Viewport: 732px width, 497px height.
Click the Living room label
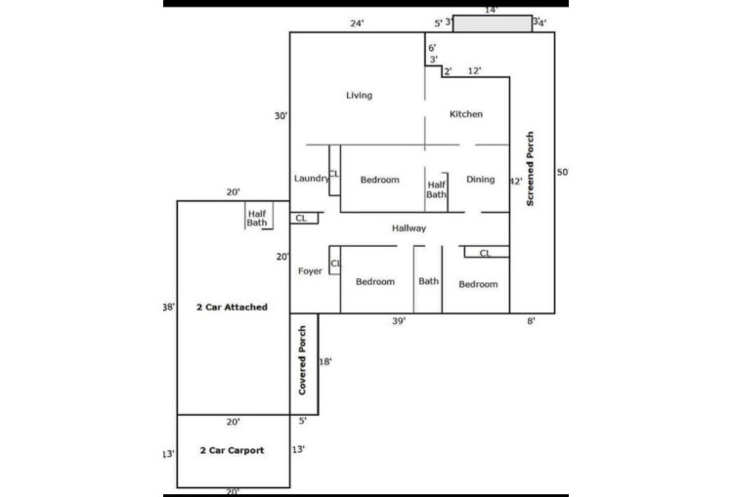(x=359, y=96)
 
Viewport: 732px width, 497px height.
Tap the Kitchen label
(x=466, y=114)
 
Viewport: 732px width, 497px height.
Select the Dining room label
(x=481, y=180)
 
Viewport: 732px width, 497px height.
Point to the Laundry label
(x=312, y=178)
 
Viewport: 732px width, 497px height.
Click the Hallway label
(x=409, y=228)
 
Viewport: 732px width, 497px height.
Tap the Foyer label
(x=310, y=271)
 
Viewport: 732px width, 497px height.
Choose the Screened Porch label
(x=530, y=169)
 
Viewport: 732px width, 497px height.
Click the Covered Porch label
(x=302, y=360)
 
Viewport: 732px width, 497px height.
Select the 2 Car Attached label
(x=232, y=308)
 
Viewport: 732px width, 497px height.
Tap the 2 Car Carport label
(x=232, y=450)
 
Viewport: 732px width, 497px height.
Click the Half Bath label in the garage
(x=257, y=218)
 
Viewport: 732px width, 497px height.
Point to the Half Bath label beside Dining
(x=437, y=189)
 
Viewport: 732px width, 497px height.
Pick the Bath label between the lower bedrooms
(x=429, y=281)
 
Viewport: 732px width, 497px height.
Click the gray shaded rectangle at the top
(x=493, y=23)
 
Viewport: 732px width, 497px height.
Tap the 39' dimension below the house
(x=399, y=321)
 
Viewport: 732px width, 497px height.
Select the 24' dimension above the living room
(x=357, y=23)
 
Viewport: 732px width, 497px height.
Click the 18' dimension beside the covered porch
(x=325, y=362)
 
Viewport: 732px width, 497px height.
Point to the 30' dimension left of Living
(x=281, y=116)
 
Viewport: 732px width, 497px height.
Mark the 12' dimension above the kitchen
(x=474, y=71)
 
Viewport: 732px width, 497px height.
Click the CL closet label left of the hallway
(x=301, y=218)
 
